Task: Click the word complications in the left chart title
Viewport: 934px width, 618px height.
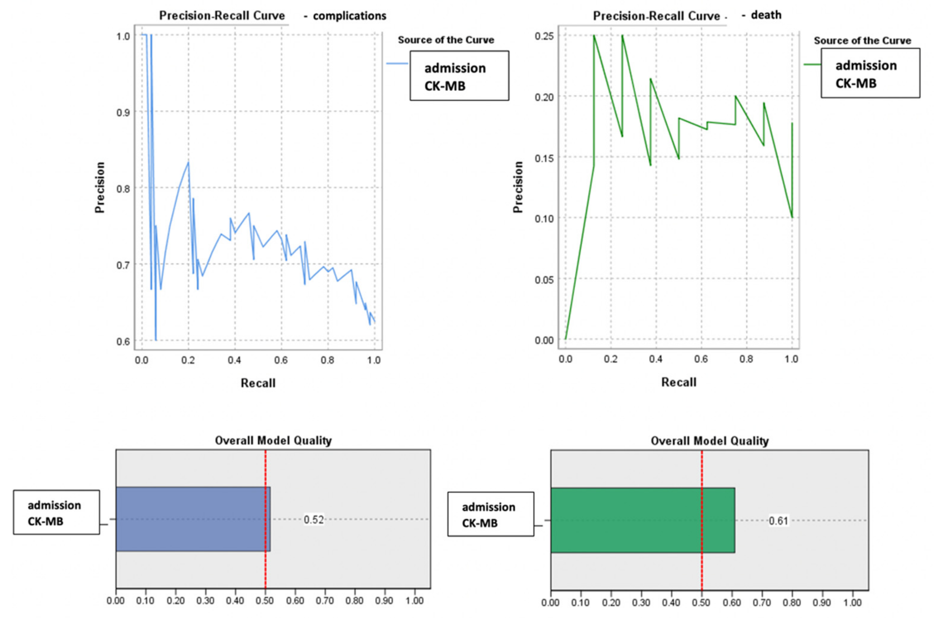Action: pos(349,16)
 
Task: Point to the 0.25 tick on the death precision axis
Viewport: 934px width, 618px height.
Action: pos(543,36)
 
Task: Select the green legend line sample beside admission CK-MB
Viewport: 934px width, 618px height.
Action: pos(812,64)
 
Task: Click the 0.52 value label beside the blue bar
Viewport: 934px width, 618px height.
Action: pos(314,520)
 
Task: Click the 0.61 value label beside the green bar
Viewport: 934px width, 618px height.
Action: pos(778,521)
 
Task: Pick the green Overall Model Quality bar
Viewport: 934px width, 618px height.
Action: pos(642,520)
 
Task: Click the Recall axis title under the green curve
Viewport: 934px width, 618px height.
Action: pos(678,382)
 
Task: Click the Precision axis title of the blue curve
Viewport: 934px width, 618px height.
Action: pos(100,187)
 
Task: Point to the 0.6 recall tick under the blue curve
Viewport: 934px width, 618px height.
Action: pos(281,360)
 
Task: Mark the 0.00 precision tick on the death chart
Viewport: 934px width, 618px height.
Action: pos(543,340)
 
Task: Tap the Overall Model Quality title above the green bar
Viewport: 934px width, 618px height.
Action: pos(709,441)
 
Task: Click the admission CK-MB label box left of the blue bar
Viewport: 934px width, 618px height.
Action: pos(56,513)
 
